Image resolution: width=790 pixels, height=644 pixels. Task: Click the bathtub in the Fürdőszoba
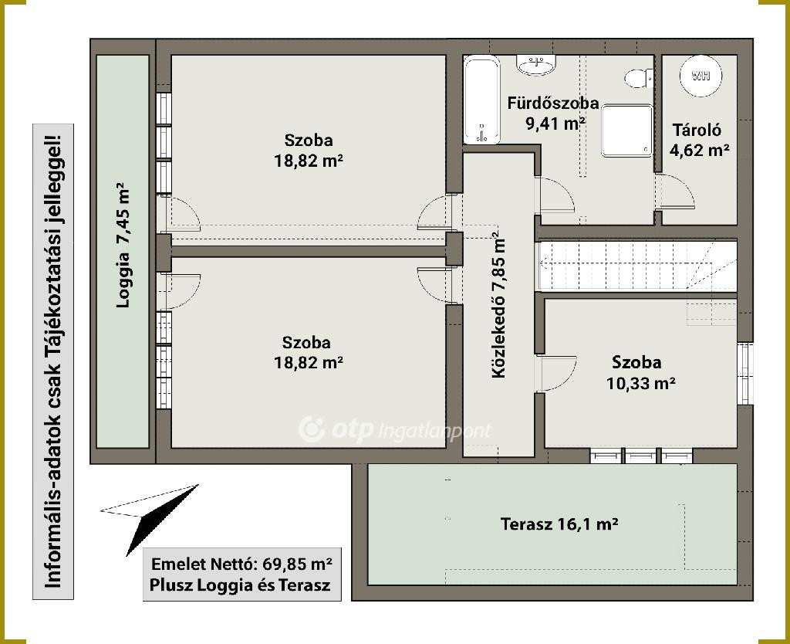pyautogui.click(x=482, y=100)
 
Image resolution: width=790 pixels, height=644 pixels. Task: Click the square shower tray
pyautogui.click(x=626, y=131)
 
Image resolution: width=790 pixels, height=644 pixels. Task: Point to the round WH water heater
pyautogui.click(x=701, y=76)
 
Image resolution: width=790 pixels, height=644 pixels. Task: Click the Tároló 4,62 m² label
pyautogui.click(x=699, y=140)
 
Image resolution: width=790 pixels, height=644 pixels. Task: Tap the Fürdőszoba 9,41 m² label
pyautogui.click(x=553, y=113)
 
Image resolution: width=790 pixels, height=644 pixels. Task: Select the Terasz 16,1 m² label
pyautogui.click(x=559, y=524)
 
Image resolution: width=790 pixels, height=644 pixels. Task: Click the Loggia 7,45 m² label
pyautogui.click(x=123, y=245)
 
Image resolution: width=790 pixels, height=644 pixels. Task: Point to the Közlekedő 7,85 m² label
pyautogui.click(x=498, y=304)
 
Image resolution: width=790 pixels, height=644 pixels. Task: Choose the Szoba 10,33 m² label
pyautogui.click(x=640, y=373)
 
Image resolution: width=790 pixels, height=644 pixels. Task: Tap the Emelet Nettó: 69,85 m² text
pyautogui.click(x=241, y=564)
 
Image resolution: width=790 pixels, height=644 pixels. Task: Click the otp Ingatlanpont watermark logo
pyautogui.click(x=394, y=430)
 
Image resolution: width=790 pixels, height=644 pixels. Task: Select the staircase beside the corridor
pyautogui.click(x=638, y=273)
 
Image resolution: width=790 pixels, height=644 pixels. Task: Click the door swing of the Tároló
pyautogui.click(x=675, y=192)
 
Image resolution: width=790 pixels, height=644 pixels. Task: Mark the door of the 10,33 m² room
pyautogui.click(x=556, y=374)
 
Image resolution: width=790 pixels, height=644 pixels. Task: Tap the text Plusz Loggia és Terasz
pyautogui.click(x=241, y=585)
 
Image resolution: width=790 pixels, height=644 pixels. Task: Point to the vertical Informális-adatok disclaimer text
pyautogui.click(x=53, y=361)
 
